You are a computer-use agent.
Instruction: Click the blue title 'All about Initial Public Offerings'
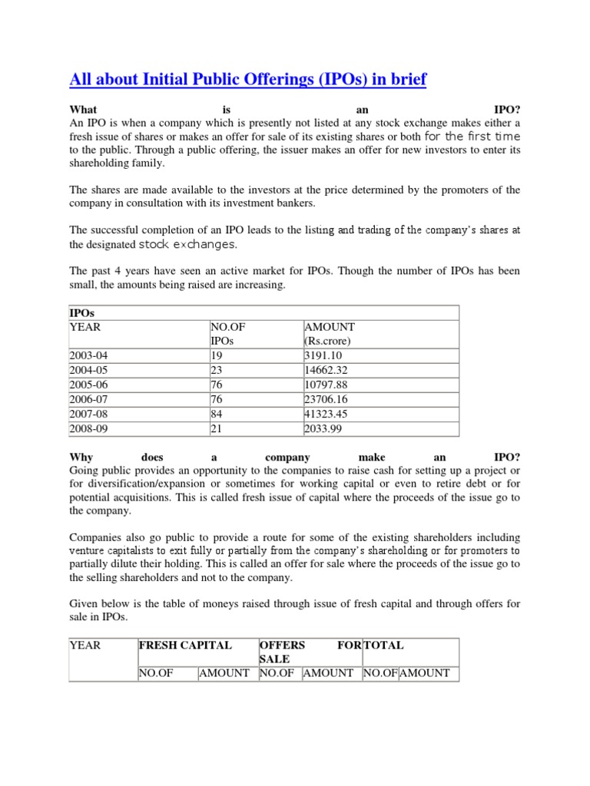pos(247,79)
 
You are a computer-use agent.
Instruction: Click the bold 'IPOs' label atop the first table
pos(81,313)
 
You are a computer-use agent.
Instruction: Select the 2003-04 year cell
pos(90,355)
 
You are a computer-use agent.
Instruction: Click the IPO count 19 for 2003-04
pos(216,355)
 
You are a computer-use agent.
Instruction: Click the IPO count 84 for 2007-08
pos(217,414)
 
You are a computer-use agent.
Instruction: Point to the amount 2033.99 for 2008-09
pos(326,428)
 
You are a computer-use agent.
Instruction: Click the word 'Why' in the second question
pos(81,457)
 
